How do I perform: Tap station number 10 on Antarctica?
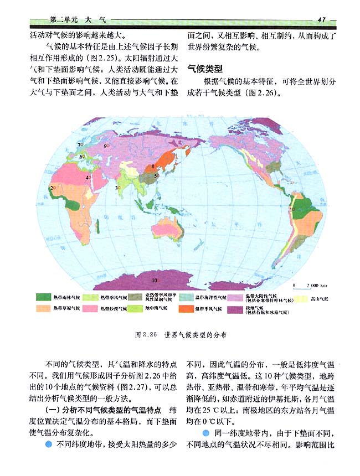coord(155,280)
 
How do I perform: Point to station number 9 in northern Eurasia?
coord(105,146)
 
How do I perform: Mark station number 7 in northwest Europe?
coord(79,144)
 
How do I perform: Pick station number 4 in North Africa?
coord(86,178)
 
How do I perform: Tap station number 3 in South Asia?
coord(117,188)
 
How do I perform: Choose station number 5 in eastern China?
coord(156,175)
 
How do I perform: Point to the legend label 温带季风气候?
coord(207,308)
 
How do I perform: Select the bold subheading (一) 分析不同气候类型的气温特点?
coord(105,410)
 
